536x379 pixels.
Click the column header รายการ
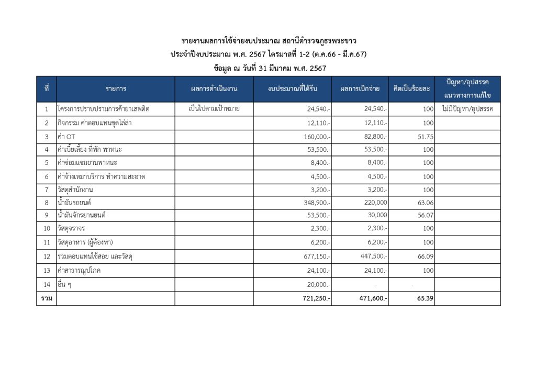coord(116,89)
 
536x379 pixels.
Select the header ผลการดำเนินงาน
coord(214,89)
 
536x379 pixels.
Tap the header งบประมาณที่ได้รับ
coord(292,89)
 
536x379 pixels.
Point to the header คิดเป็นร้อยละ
coord(411,89)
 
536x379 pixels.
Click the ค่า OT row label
coord(66,137)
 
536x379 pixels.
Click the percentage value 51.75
coord(425,137)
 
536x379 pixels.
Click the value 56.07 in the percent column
coord(425,215)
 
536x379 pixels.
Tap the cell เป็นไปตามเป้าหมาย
coord(214,109)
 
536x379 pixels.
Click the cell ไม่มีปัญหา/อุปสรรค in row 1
coord(467,109)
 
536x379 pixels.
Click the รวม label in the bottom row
coord(46,298)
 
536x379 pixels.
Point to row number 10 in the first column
coord(46,229)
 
